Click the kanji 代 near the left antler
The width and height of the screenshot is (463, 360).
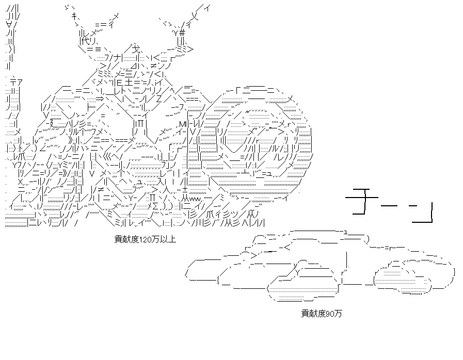point(83,40)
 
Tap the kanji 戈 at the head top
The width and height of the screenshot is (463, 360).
point(136,48)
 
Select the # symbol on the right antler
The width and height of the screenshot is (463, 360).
point(182,32)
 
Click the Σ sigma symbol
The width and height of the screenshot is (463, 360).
point(155,205)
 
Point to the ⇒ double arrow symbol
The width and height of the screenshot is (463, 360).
point(100,99)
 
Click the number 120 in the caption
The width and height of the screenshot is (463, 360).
point(145,239)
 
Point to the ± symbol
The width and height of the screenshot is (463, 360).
point(185,189)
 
